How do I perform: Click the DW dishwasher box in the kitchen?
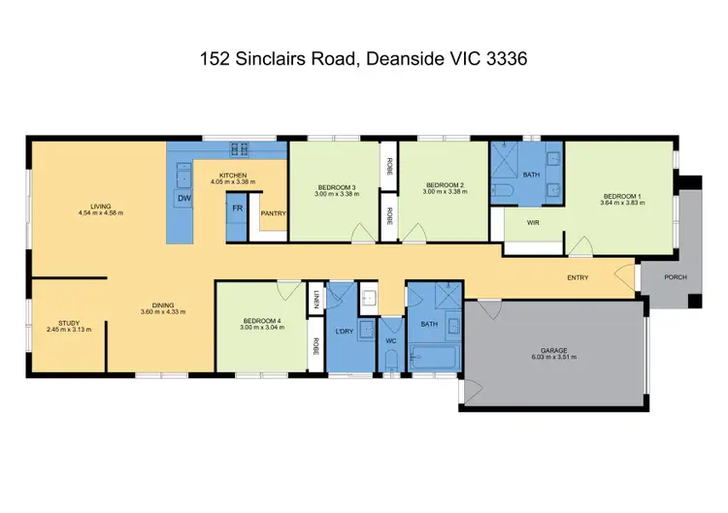point(182,199)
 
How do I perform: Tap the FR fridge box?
point(236,208)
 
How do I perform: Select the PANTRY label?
point(273,214)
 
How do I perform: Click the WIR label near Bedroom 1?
point(533,223)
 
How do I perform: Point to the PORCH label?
point(675,277)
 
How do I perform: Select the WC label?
point(390,340)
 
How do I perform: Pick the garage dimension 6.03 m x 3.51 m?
point(555,357)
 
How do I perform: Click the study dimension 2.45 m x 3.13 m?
point(68,330)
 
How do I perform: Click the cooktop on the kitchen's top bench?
point(240,148)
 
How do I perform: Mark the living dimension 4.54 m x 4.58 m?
point(101,212)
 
